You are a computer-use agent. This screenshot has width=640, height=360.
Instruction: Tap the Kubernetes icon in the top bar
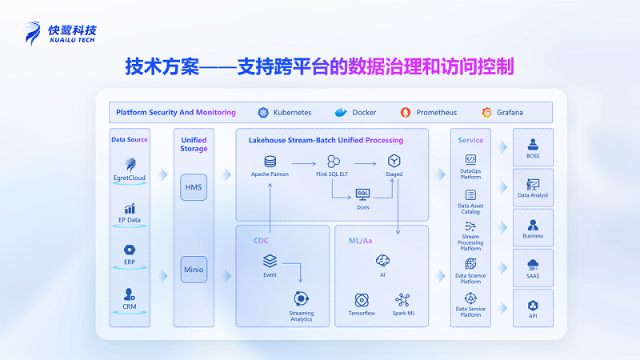click(x=262, y=113)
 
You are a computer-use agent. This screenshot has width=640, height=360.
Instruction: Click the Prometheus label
click(x=436, y=113)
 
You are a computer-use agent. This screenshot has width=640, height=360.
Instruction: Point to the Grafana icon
click(x=486, y=113)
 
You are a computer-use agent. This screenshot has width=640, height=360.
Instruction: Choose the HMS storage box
click(x=194, y=186)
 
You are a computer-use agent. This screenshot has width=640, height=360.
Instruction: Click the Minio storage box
click(x=194, y=270)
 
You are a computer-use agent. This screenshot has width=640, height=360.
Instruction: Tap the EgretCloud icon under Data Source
click(x=129, y=164)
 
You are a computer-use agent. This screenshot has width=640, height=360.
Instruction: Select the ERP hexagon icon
click(x=129, y=249)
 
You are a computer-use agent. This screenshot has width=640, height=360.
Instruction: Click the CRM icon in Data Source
click(x=129, y=294)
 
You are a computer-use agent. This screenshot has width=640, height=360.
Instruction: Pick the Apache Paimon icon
click(x=270, y=162)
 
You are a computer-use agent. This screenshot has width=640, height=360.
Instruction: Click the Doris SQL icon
click(x=363, y=194)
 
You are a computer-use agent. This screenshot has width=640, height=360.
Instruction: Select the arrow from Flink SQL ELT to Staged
click(x=365, y=162)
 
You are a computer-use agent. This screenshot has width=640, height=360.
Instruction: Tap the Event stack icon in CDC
click(x=270, y=261)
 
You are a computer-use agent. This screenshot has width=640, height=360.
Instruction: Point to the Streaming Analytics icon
click(x=302, y=299)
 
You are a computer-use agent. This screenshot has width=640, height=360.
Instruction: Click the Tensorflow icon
click(x=362, y=300)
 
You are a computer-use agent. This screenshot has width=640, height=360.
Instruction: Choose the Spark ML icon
click(x=402, y=300)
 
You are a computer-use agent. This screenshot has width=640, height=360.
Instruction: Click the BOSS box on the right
click(x=533, y=147)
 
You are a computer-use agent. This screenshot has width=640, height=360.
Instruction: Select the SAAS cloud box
click(x=533, y=267)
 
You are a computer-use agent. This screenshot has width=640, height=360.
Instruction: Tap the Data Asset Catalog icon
click(x=470, y=194)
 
